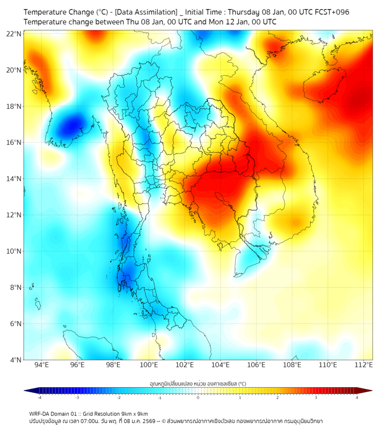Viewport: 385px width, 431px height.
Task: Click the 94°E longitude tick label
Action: [x=42, y=365]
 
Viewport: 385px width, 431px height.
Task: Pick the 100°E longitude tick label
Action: [x=149, y=365]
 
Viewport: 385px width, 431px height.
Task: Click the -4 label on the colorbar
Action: [x=39, y=397]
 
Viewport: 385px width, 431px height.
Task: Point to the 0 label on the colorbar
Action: [x=198, y=397]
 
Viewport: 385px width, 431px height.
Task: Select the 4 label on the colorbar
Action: [x=357, y=397]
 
